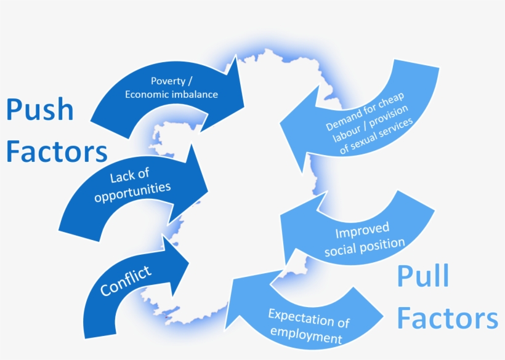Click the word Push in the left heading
[41, 111]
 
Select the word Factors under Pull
[447, 319]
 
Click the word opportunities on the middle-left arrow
[140, 191]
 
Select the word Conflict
[126, 281]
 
